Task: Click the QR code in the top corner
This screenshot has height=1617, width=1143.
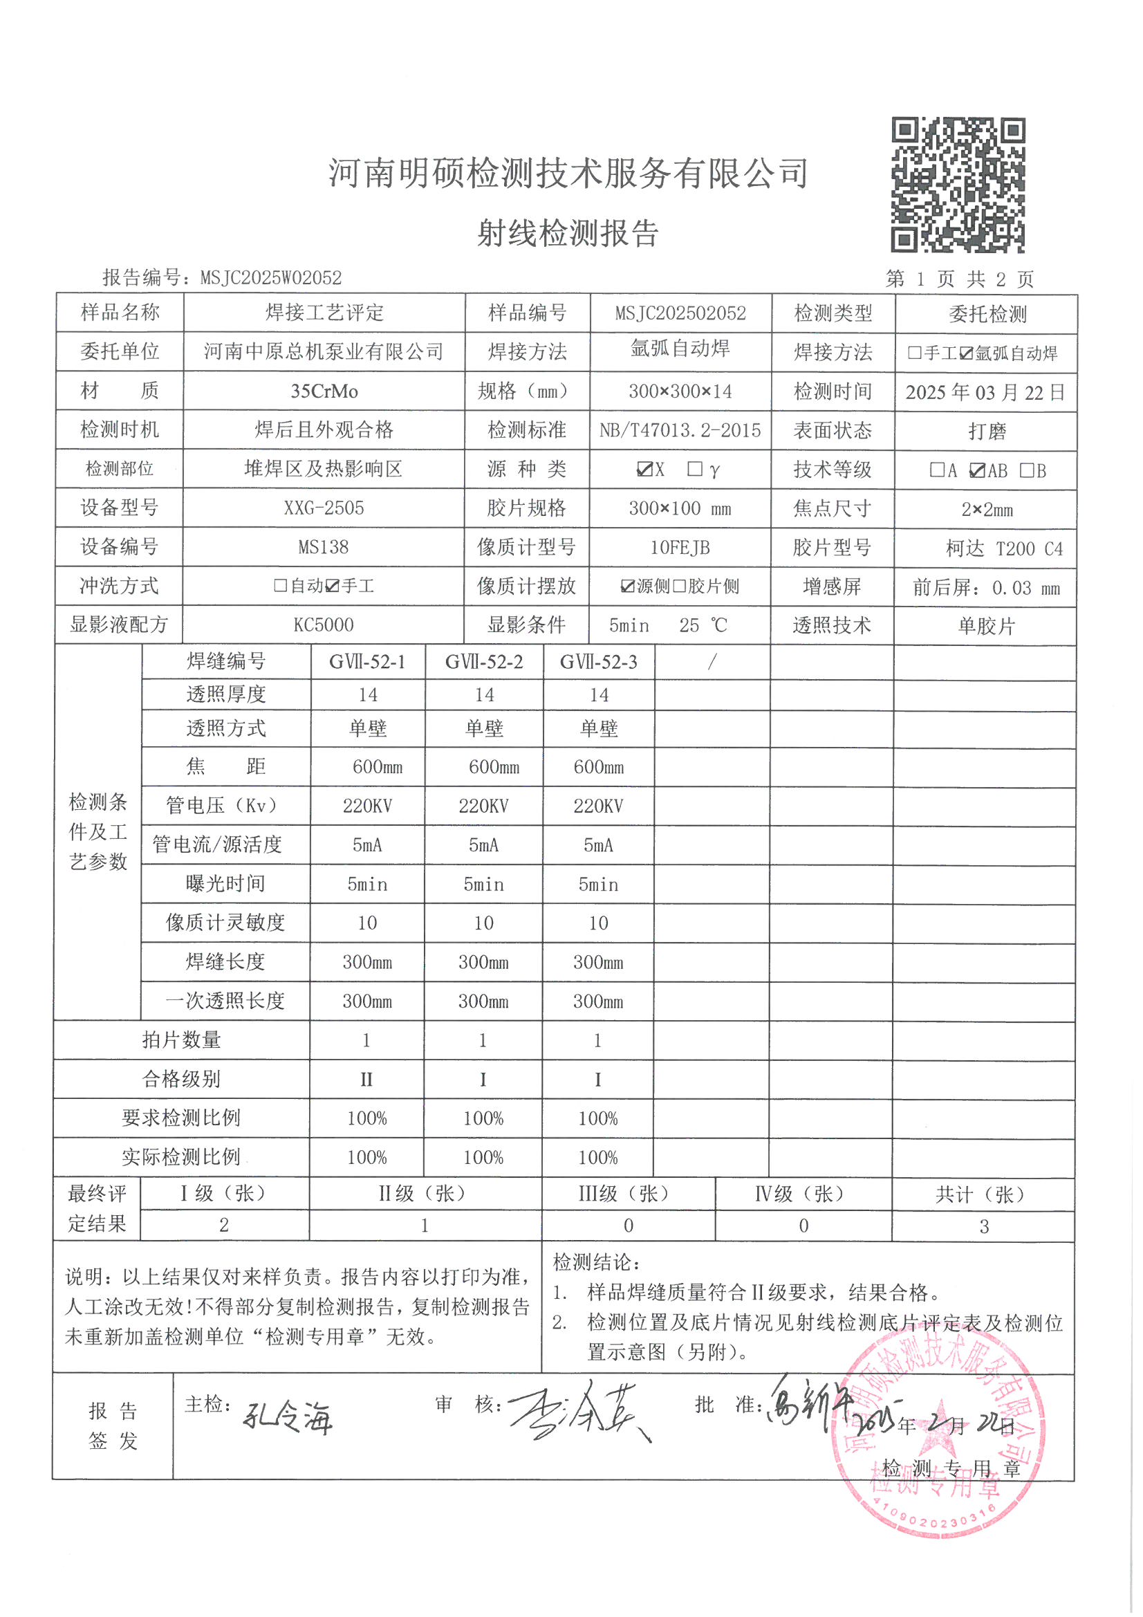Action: tap(958, 185)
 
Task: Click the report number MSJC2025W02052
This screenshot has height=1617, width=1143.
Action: tap(270, 278)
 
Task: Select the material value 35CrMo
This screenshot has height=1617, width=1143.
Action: tap(324, 391)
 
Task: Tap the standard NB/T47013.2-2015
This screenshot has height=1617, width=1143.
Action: tap(680, 430)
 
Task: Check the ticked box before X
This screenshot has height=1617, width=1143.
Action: tap(643, 469)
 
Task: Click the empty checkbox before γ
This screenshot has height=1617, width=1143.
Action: tap(694, 469)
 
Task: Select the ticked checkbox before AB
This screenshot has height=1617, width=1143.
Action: tap(977, 470)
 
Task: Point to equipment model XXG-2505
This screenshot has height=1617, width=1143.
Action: tap(324, 508)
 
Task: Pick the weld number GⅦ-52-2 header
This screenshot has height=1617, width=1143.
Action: tap(484, 662)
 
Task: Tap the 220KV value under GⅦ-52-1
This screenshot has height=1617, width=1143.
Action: tap(367, 806)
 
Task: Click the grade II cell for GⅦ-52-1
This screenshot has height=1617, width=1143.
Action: tap(366, 1079)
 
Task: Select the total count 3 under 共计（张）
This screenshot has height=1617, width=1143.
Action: tap(984, 1226)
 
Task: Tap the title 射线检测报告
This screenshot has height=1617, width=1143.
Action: tap(568, 233)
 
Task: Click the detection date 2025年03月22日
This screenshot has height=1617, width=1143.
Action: tap(985, 392)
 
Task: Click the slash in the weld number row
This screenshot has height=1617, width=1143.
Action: tap(712, 661)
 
